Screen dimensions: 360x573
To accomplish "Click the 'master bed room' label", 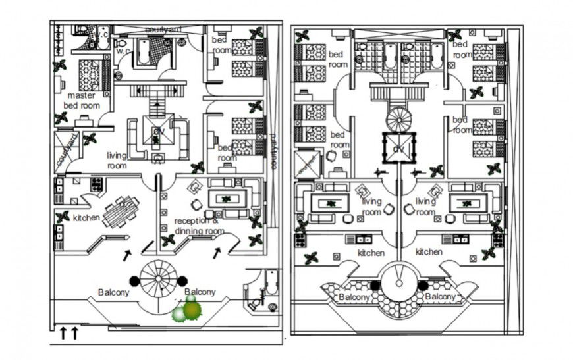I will [81, 100].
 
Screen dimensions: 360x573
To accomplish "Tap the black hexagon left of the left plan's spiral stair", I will [135, 280].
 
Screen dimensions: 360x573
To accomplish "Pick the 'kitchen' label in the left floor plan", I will [86, 218].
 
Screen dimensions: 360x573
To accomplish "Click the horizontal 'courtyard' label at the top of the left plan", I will [163, 30].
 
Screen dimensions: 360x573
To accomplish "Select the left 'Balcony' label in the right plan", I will [353, 297].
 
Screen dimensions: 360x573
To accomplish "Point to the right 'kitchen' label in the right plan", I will [429, 251].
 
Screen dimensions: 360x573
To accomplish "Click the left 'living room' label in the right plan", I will [371, 207].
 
